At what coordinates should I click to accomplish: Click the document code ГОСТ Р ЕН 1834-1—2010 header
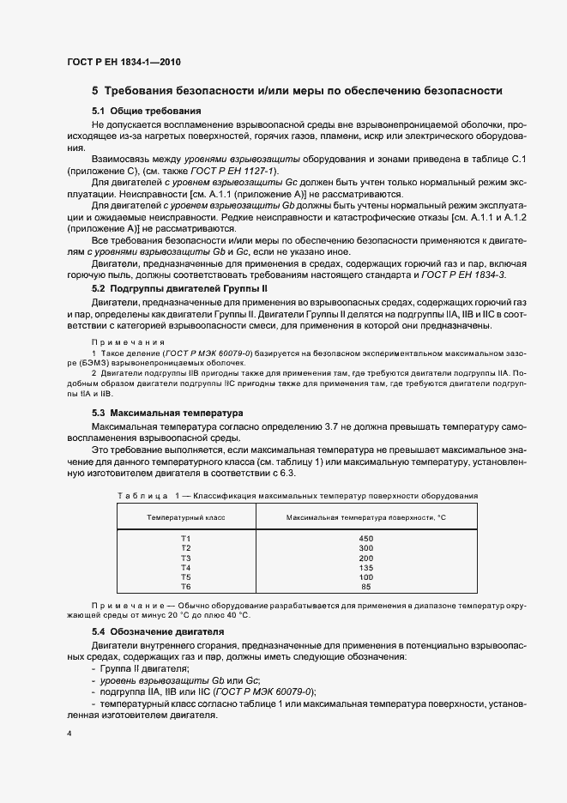[124, 62]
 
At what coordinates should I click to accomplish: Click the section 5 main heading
[297, 91]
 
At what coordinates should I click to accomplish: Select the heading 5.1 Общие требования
[146, 112]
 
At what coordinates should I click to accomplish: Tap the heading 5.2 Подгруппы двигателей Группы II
[190, 292]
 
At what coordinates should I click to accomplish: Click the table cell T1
[186, 538]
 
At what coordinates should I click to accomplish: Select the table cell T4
[186, 567]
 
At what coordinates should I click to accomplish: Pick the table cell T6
[186, 587]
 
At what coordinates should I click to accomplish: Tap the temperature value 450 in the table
[366, 538]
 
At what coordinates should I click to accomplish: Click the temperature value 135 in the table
[366, 567]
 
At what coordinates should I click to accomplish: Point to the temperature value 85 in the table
[366, 587]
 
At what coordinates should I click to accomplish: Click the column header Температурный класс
[186, 518]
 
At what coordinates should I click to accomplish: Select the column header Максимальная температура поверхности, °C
[366, 518]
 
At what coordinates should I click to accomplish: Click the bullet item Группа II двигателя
[143, 668]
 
